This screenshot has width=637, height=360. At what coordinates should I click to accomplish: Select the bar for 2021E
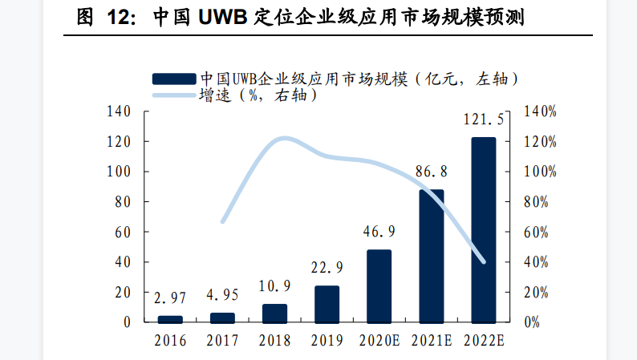[x=431, y=257]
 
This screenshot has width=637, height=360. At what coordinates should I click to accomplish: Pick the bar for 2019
[x=327, y=304]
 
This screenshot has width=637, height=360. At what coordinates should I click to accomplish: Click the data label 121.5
[x=484, y=119]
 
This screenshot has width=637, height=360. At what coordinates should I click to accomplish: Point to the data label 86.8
[x=432, y=172]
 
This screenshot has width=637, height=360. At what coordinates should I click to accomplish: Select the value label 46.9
[x=379, y=232]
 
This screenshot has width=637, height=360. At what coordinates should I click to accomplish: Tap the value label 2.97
[x=170, y=298]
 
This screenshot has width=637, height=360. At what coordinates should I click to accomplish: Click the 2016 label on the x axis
[x=170, y=341]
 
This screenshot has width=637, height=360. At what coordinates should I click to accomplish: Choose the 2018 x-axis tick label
[x=274, y=341]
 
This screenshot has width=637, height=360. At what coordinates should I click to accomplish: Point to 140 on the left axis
[x=118, y=111]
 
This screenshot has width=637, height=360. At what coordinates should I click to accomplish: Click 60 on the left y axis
[x=122, y=232]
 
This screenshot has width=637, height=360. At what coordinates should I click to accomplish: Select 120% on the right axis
[x=539, y=142]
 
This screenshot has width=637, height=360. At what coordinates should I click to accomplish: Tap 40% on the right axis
[x=536, y=262]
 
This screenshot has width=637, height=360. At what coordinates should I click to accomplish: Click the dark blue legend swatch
[x=173, y=78]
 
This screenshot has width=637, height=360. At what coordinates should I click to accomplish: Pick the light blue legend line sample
[x=173, y=95]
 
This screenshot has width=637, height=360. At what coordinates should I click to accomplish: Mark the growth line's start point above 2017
[x=223, y=221]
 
